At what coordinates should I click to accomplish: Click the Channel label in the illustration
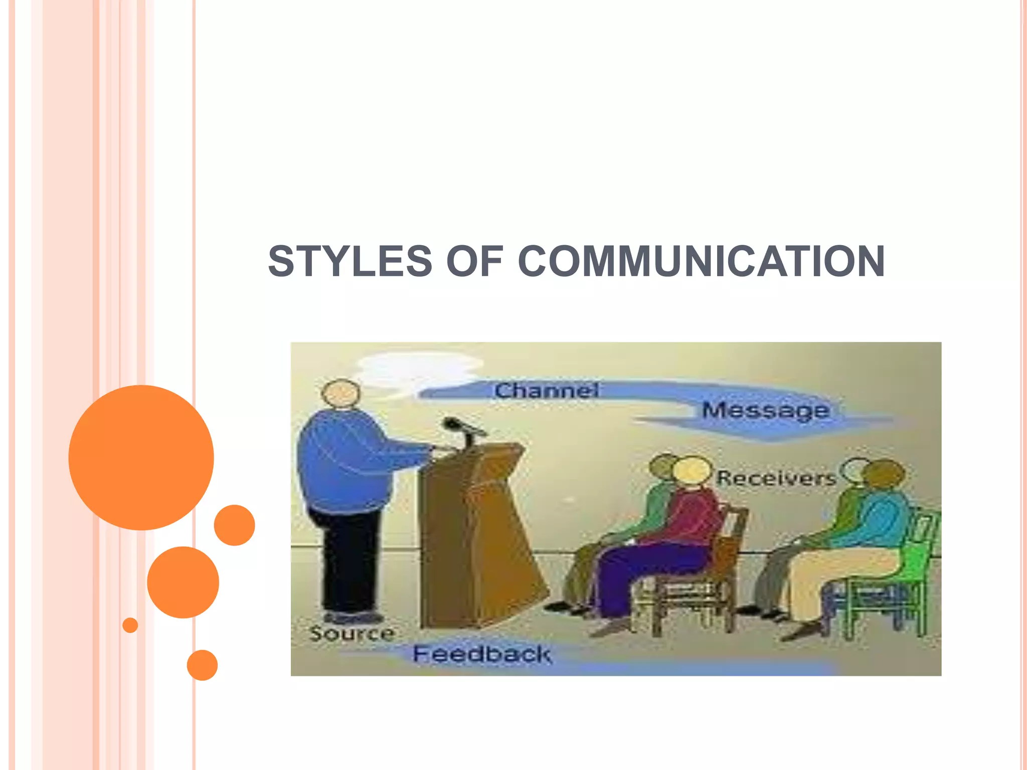pyautogui.click(x=547, y=391)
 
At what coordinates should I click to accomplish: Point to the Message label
pyautogui.click(x=765, y=411)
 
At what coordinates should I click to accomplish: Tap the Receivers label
pyautogui.click(x=776, y=478)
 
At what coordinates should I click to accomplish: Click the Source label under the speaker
pyautogui.click(x=352, y=634)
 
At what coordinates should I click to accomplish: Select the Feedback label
pyautogui.click(x=481, y=654)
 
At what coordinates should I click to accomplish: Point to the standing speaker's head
pyautogui.click(x=341, y=394)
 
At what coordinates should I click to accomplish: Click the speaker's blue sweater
pyautogui.click(x=346, y=461)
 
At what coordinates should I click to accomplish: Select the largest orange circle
pyautogui.click(x=141, y=457)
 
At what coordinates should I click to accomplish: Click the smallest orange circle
pyautogui.click(x=130, y=625)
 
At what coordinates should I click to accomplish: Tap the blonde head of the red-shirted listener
pyautogui.click(x=692, y=471)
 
